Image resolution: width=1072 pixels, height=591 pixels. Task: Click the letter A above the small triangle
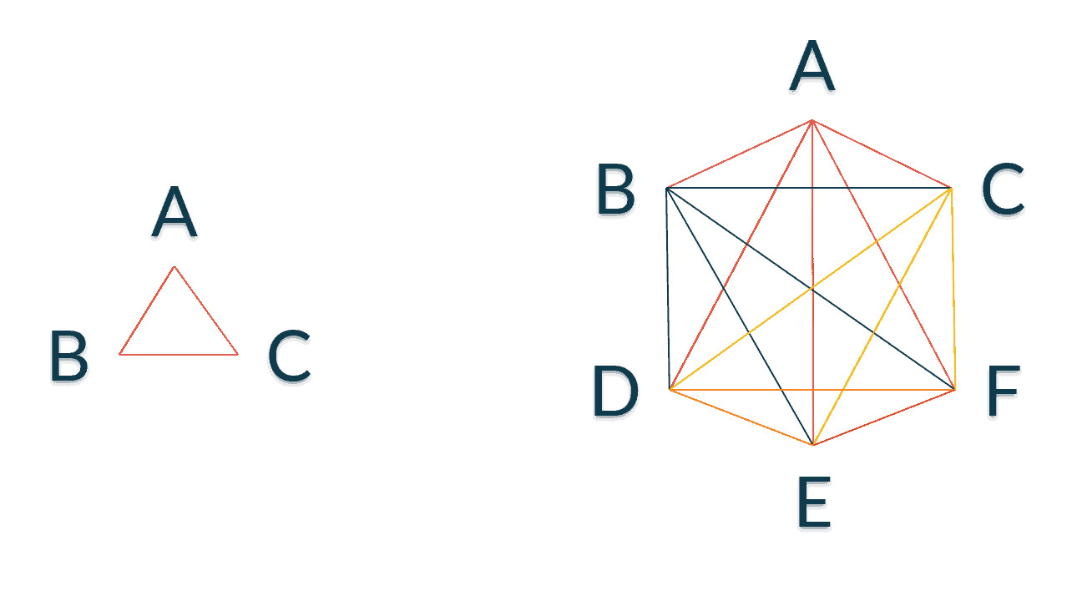[174, 211]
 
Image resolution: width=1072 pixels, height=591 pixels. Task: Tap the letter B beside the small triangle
[69, 356]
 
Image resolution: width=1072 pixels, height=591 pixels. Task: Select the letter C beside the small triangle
[290, 356]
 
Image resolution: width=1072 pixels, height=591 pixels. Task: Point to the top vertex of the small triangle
[174, 267]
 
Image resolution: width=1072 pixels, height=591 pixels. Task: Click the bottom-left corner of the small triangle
[119, 354]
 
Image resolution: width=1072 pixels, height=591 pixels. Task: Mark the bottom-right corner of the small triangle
[237, 355]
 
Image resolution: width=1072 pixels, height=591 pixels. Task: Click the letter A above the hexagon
[812, 66]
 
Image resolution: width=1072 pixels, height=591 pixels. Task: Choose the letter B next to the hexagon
[616, 189]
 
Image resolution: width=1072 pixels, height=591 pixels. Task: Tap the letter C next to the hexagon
[1003, 189]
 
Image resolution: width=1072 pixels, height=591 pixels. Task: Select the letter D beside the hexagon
[615, 391]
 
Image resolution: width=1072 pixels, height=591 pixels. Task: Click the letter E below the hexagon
[813, 502]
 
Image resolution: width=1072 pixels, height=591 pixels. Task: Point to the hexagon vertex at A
[812, 120]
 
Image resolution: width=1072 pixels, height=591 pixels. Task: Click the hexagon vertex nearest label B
[666, 188]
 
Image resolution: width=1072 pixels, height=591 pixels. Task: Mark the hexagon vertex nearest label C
[951, 188]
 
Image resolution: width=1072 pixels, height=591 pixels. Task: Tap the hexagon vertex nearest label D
[670, 390]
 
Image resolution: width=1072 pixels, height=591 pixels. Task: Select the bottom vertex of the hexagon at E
[813, 445]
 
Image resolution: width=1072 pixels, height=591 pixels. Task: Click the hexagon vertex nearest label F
[955, 390]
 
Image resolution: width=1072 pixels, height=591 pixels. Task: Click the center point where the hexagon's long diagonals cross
[812, 289]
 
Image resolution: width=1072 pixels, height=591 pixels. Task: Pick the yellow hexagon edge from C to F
[953, 289]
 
